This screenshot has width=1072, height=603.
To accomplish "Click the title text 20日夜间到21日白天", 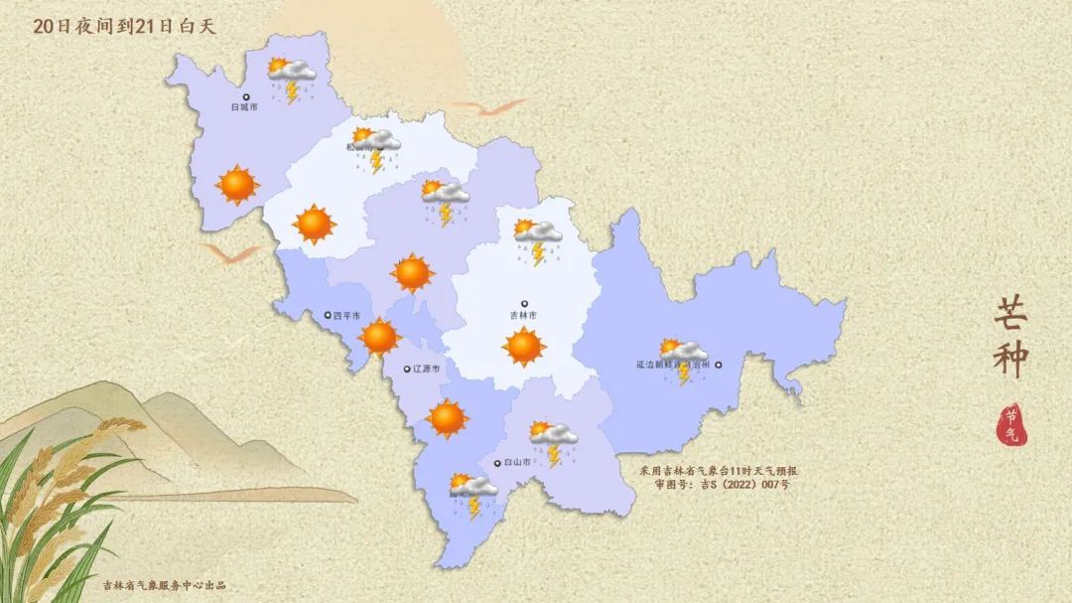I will (124, 27).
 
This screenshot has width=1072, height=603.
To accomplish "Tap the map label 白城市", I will (243, 106).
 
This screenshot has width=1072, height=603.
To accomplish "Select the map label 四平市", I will (347, 316).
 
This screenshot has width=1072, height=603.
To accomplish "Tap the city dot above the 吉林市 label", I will (524, 304).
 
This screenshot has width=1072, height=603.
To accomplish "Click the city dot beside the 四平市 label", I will (328, 316).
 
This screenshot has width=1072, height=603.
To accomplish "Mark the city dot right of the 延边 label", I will (718, 365).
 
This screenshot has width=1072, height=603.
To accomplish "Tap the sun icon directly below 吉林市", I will (523, 346).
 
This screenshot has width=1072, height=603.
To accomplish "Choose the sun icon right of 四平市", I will (379, 337).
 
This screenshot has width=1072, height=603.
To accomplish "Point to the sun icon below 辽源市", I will (447, 418).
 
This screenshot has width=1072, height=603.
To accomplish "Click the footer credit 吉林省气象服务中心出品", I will (165, 584).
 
